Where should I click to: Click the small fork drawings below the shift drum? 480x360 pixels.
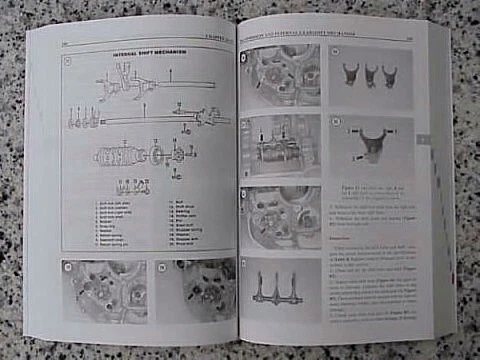pyautogui.click(x=133, y=187)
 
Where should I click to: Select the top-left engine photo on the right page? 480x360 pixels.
pyautogui.click(x=280, y=76)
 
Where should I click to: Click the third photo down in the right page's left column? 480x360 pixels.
pyautogui.click(x=279, y=215)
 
